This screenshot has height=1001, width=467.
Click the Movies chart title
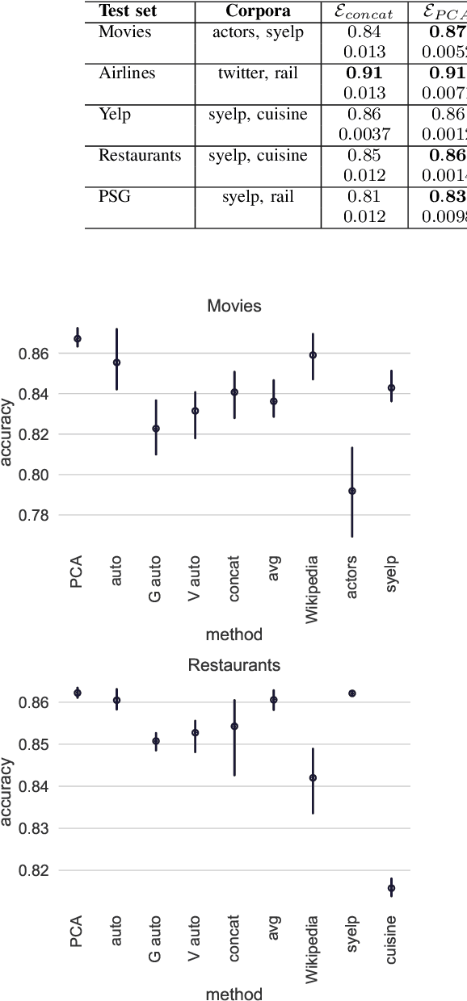point(234,306)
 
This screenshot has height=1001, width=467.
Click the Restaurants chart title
point(234,665)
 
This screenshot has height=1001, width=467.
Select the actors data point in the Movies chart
point(352,491)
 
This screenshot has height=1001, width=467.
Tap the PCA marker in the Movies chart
point(78,339)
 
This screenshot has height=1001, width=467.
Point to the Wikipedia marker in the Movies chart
point(313,355)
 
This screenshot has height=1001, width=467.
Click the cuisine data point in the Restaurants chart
point(391,888)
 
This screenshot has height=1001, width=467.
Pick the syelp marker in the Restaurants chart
point(352,693)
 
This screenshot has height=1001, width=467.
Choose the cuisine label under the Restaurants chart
point(391,936)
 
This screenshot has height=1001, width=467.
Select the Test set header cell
point(128,11)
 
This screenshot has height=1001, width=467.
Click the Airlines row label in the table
point(127,73)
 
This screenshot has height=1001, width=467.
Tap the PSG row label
point(113,197)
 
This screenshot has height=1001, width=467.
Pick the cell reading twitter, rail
point(258,73)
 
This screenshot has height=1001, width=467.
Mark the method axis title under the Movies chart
point(234,635)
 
